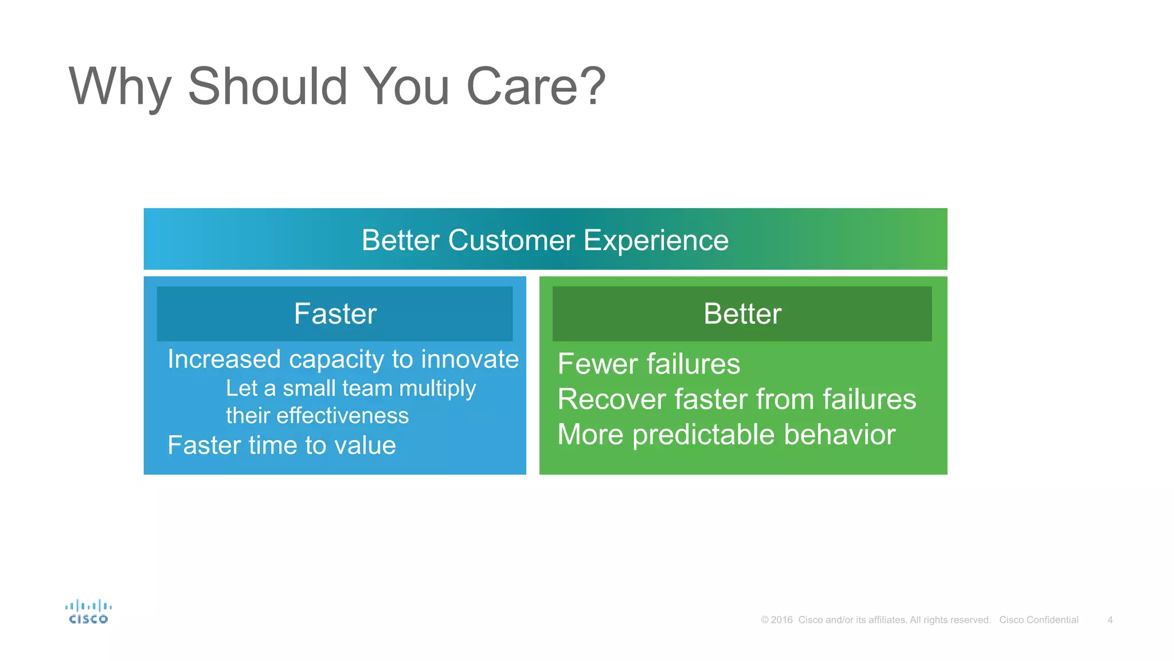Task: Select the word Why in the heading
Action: [x=119, y=87]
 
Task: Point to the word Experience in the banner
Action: [x=656, y=241]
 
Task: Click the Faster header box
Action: [x=335, y=314]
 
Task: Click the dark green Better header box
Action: [x=742, y=314]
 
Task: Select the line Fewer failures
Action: [x=648, y=364]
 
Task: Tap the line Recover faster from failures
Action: [x=736, y=399]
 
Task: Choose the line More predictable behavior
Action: [x=726, y=435]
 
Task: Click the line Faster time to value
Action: [x=281, y=446]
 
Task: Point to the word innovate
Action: [x=469, y=360]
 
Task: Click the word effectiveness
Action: [x=342, y=416]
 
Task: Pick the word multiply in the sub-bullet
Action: [x=437, y=389]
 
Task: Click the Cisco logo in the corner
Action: [x=88, y=612]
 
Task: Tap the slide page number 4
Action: [x=1110, y=620]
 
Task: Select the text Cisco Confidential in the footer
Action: [x=1038, y=620]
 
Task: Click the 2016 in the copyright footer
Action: [x=781, y=620]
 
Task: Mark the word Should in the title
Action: [x=268, y=87]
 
